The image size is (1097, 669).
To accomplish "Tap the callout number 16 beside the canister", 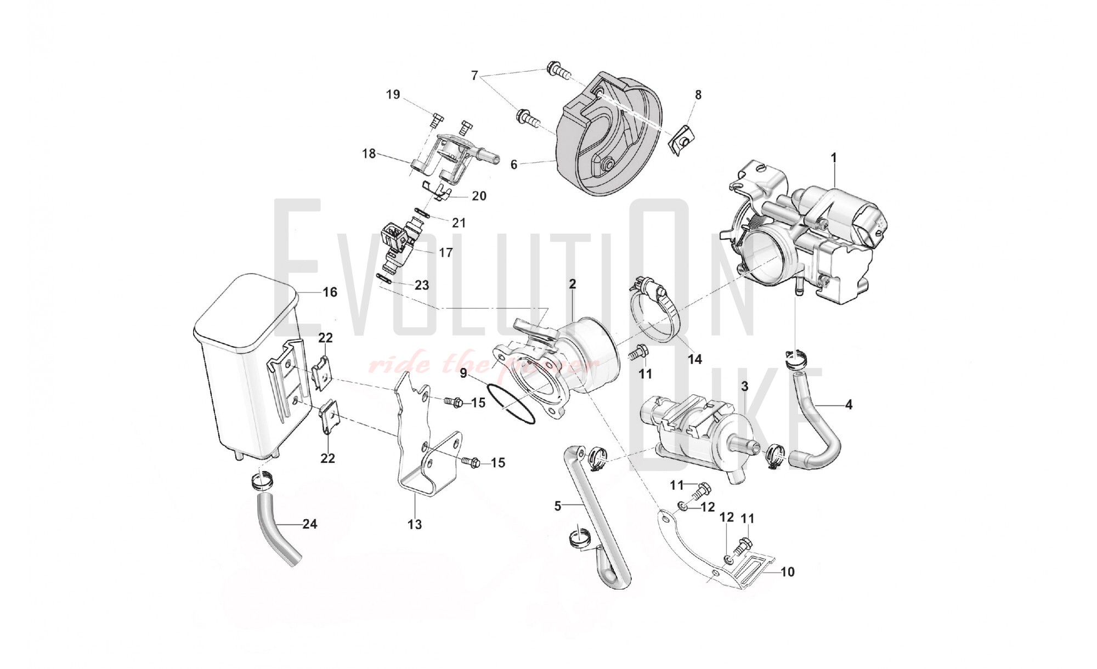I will click(330, 292).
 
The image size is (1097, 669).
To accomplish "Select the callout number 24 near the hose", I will click(310, 524).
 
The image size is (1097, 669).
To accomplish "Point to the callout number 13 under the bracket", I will click(415, 525).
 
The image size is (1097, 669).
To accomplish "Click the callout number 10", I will click(787, 572).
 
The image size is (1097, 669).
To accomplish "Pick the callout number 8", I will click(698, 95).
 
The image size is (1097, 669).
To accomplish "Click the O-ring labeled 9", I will click(514, 411).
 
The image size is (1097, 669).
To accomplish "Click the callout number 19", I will click(393, 94).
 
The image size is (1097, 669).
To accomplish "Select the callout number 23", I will click(421, 285).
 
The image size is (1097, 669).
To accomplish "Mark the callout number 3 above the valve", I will click(744, 387).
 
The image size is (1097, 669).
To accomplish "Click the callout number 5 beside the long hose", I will click(558, 506).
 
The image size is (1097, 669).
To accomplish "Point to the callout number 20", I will click(479, 196).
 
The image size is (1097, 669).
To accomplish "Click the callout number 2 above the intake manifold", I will click(573, 284).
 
